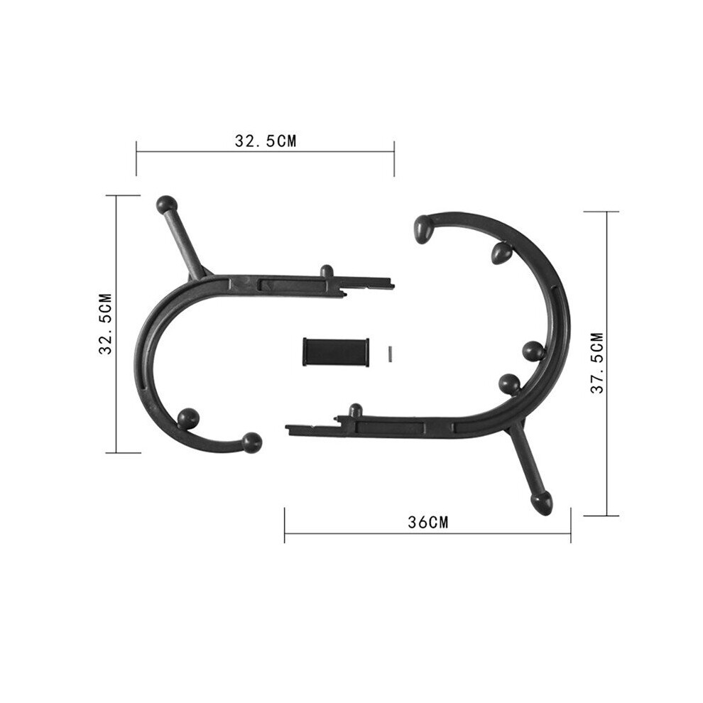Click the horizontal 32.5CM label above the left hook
pos(266,141)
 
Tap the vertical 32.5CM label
pos(105,324)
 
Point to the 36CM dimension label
pos(427,523)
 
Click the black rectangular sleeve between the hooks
pos(336,351)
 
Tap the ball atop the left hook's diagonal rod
pos(167,205)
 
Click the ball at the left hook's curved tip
pos(252,443)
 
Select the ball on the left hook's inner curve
pos(188,419)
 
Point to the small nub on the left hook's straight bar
pos(327,271)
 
